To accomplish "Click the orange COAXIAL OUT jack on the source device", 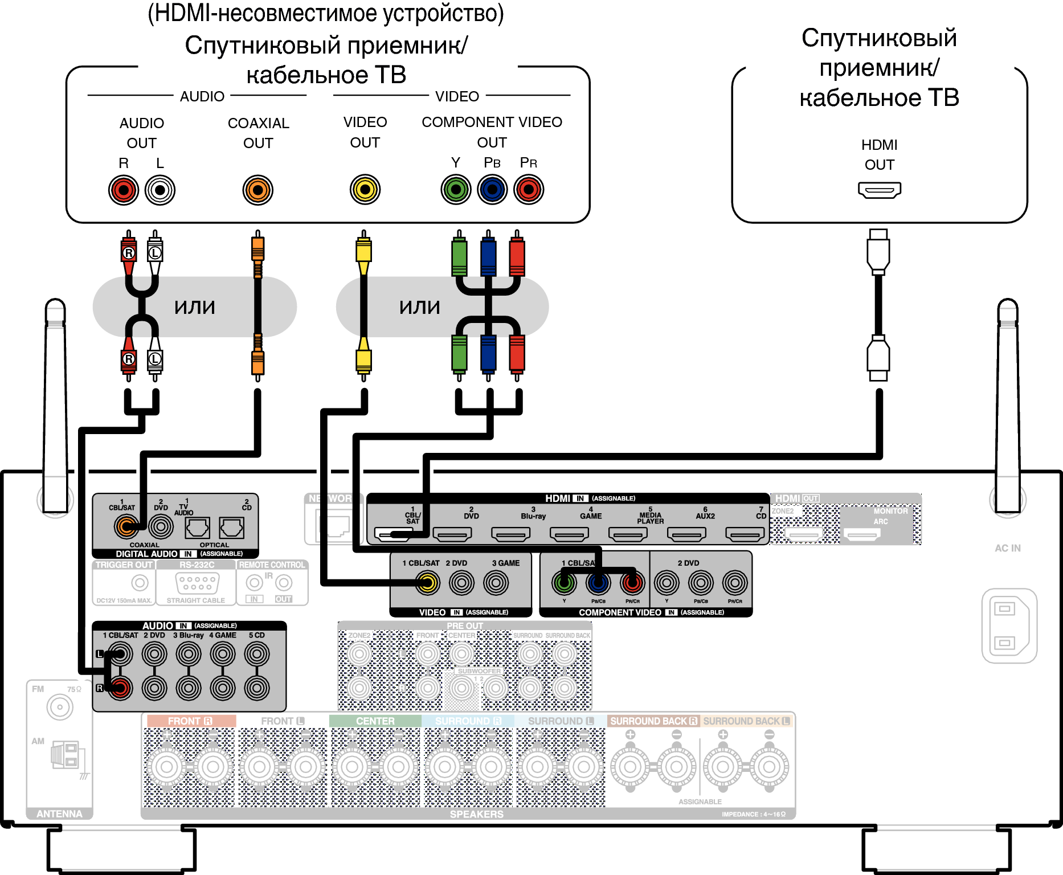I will click(258, 190).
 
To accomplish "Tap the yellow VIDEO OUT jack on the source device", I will click(365, 189).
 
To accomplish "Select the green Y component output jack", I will click(456, 189).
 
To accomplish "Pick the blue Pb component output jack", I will click(492, 189).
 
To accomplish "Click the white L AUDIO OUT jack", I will click(160, 190).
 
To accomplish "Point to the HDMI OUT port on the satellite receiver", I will click(880, 190).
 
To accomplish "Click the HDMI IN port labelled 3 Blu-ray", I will click(511, 534).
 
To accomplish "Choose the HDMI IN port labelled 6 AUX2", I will click(686, 534).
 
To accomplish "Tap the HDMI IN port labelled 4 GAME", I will click(569, 534).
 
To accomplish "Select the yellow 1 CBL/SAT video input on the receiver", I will click(427, 582).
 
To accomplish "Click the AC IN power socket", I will click(1009, 625).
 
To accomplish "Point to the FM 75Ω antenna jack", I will click(60, 708).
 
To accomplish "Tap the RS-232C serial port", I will click(197, 583).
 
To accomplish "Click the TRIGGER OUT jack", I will click(140, 583).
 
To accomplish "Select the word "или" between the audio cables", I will click(195, 307).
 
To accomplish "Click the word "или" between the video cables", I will click(420, 307).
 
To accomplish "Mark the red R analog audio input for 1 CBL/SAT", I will click(120, 688).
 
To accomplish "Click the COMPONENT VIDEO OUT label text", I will click(492, 132).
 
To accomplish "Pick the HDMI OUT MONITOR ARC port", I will click(862, 535).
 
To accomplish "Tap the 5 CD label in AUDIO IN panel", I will click(257, 635).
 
